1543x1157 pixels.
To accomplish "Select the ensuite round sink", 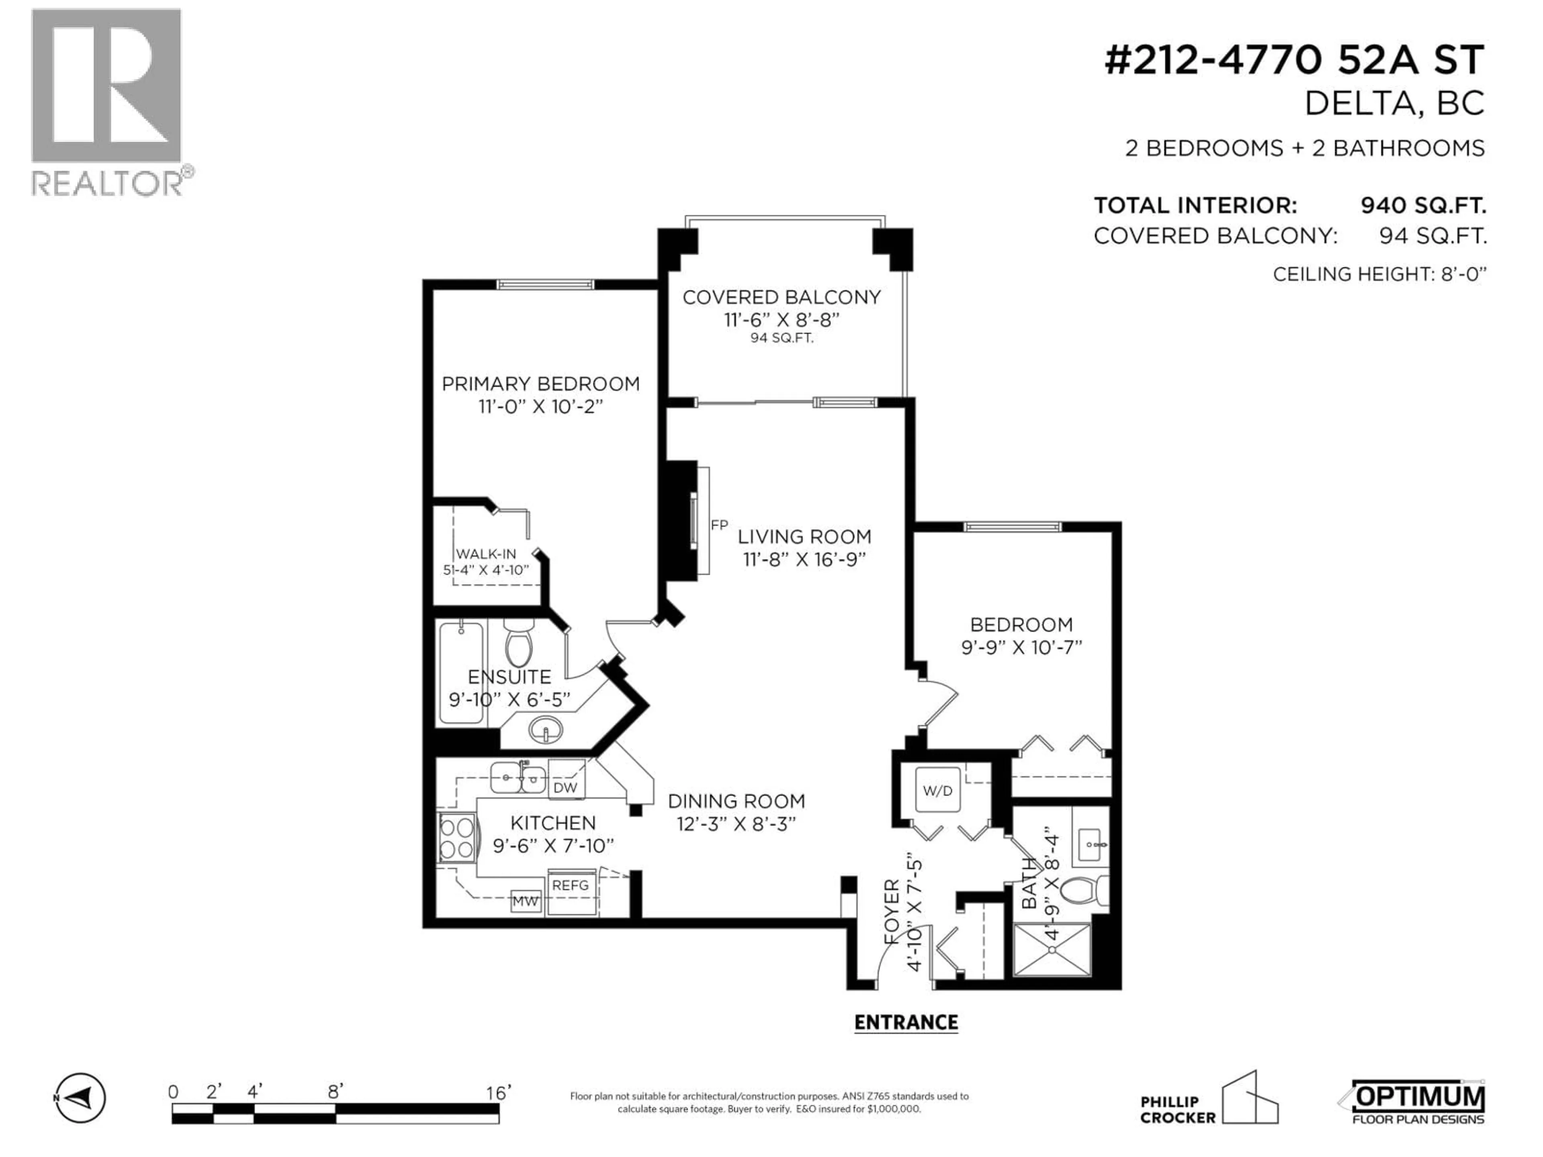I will tap(546, 731).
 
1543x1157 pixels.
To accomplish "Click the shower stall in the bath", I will tap(1050, 950).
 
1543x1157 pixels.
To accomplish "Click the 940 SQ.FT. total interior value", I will tap(1423, 206).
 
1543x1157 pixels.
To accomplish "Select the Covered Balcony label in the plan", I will tap(781, 298).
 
